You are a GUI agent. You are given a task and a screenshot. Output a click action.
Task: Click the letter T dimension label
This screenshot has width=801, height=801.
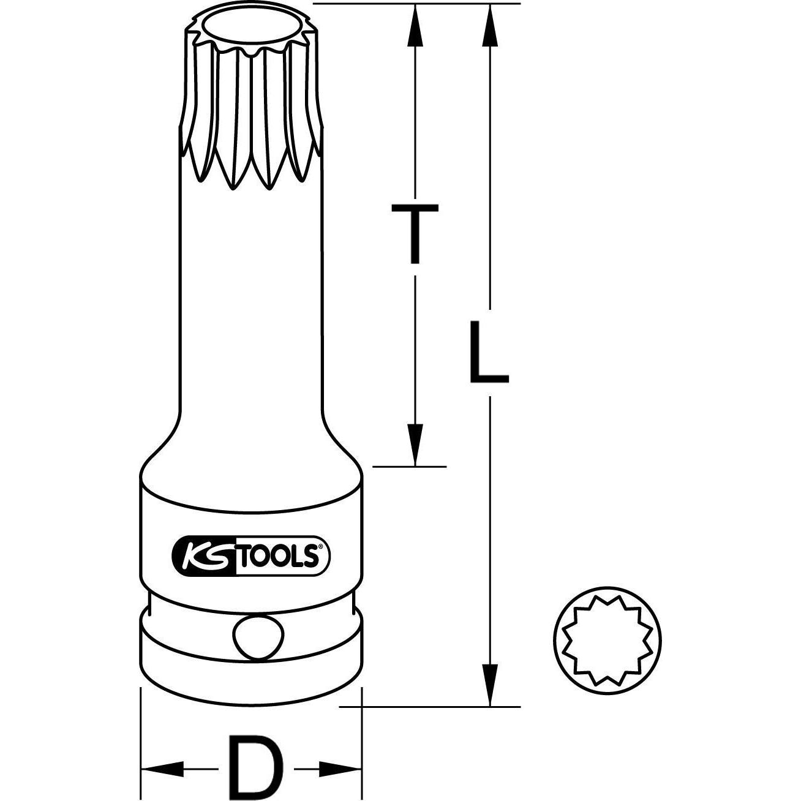click(415, 234)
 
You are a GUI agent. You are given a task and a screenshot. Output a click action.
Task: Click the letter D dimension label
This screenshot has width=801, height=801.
click(252, 766)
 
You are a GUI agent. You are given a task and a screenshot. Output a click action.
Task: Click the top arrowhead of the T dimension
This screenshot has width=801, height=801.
click(415, 24)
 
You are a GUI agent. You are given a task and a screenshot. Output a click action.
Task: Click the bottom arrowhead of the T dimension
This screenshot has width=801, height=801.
click(415, 444)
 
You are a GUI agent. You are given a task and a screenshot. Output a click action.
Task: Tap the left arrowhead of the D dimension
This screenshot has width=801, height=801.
click(161, 767)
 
